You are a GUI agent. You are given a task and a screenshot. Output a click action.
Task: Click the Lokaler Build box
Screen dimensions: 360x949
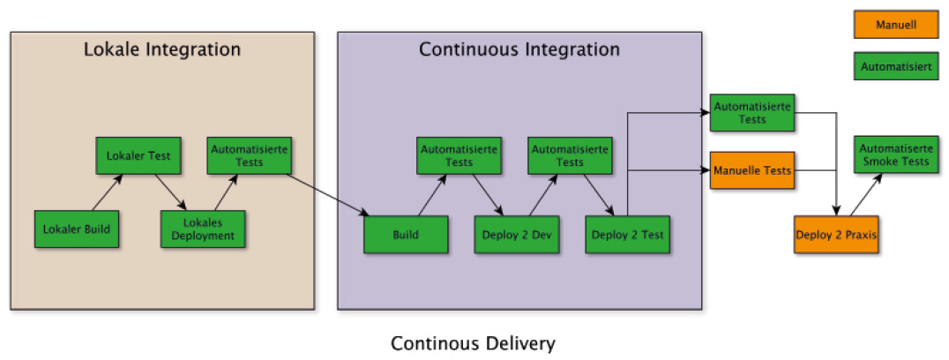[x=77, y=229]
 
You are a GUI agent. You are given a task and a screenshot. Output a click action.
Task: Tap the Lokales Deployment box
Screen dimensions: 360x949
[x=203, y=229]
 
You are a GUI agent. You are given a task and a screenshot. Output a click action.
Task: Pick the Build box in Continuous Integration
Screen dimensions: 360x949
[x=406, y=236]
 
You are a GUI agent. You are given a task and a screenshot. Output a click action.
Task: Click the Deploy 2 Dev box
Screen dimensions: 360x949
[x=517, y=236]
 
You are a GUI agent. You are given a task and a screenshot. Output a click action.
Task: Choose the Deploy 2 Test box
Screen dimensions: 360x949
[x=627, y=236]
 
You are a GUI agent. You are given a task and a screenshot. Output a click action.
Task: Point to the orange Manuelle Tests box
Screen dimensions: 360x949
[x=751, y=169]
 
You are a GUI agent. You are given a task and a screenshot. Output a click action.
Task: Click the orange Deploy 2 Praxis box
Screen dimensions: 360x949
[x=836, y=235]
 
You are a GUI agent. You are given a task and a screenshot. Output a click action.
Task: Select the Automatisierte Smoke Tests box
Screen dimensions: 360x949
[x=894, y=155]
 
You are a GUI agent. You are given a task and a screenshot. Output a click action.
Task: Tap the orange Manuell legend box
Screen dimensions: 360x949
[x=895, y=25]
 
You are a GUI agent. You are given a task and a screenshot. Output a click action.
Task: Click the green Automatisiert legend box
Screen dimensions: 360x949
[x=895, y=66]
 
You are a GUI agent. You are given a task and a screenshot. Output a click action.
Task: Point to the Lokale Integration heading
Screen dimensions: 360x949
[x=161, y=49]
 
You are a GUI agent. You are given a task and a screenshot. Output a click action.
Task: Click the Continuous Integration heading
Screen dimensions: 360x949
[x=519, y=49]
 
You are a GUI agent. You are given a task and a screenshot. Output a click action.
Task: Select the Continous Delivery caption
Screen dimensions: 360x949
[x=474, y=342]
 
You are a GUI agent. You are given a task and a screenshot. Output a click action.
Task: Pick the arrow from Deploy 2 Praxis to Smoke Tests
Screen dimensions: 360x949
[x=865, y=194]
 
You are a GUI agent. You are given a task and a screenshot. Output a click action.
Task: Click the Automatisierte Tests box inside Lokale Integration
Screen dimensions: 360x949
[x=250, y=155]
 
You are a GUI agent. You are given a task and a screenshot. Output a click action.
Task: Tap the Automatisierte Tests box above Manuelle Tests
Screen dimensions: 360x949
[x=751, y=113]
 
